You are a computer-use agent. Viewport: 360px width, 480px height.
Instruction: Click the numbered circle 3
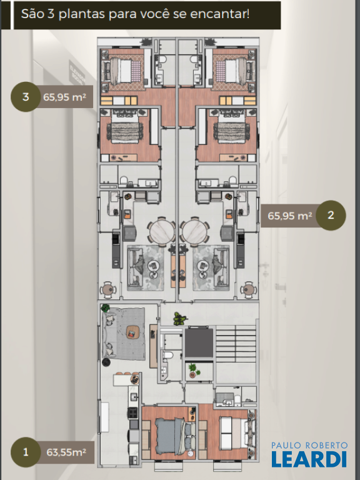(x=26, y=97)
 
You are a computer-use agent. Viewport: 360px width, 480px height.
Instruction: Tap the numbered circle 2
(x=331, y=215)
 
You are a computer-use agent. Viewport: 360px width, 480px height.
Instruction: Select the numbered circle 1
(x=26, y=452)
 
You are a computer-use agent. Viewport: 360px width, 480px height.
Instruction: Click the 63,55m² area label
(x=66, y=452)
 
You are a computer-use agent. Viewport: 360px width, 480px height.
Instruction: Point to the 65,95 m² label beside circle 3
(x=64, y=97)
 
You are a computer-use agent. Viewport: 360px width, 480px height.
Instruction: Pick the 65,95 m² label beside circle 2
(x=289, y=216)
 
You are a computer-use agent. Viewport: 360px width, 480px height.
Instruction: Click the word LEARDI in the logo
(x=309, y=459)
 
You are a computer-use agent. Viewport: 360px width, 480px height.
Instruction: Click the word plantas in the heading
(x=82, y=14)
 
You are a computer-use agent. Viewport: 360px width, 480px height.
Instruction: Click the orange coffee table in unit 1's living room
(x=133, y=332)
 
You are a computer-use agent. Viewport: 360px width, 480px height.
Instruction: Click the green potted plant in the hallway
(x=180, y=318)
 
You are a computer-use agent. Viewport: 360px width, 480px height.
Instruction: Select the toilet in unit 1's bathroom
(x=167, y=355)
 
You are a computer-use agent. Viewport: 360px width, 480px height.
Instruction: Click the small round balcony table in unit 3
(x=107, y=289)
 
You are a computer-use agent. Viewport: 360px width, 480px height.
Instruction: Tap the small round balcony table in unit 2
(x=248, y=289)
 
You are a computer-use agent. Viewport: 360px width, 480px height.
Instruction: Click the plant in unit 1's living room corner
(x=105, y=307)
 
